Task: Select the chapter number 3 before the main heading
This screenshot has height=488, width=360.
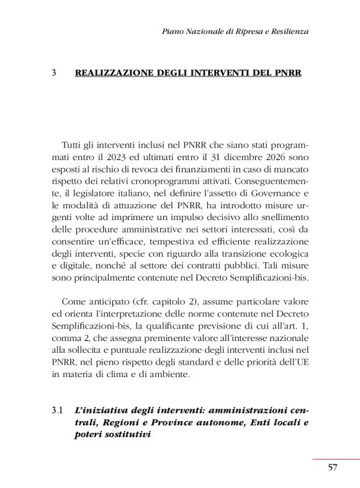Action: coord(55,73)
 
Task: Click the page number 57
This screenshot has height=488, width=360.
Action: coord(333,468)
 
